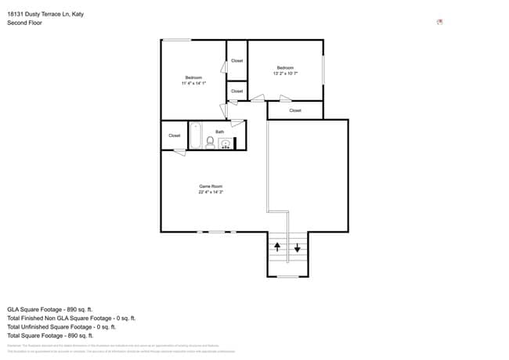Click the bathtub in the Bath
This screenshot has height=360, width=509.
click(x=195, y=135)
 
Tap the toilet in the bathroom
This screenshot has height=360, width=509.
click(x=210, y=142)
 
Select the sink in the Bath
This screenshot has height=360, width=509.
click(x=226, y=143)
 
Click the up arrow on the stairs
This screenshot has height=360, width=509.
click(x=277, y=247)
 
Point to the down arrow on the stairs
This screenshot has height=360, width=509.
click(x=298, y=249)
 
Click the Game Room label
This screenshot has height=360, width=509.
click(x=211, y=186)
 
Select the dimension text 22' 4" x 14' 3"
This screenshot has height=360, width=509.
click(x=211, y=192)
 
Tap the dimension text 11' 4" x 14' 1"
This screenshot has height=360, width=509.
click(x=193, y=83)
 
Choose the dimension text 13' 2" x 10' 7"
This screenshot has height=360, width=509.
click(x=285, y=74)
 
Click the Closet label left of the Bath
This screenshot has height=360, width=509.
click(x=174, y=135)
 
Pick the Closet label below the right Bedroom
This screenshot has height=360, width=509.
click(x=295, y=110)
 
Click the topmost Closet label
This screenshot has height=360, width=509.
click(x=236, y=60)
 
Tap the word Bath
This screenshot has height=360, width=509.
click(x=220, y=131)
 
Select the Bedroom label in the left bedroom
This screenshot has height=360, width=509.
click(x=193, y=77)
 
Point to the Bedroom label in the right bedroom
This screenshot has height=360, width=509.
click(x=285, y=68)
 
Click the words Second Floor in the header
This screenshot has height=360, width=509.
click(x=24, y=23)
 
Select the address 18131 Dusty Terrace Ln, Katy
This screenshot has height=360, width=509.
click(x=45, y=13)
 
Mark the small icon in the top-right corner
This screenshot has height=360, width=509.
click(x=439, y=23)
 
